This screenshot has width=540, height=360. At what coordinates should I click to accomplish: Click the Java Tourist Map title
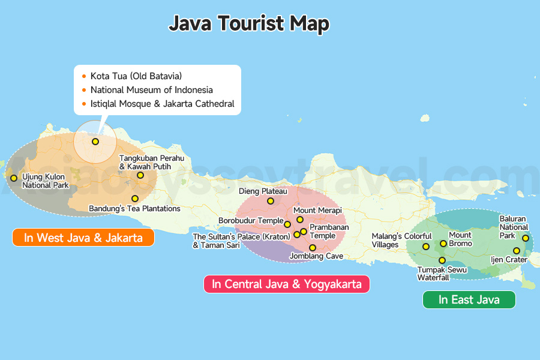point(248,24)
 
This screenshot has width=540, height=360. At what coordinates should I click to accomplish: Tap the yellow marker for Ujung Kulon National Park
point(14,178)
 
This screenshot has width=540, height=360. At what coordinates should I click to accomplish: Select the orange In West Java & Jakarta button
point(83,238)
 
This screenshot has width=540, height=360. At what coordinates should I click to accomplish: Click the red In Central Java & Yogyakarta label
point(287,284)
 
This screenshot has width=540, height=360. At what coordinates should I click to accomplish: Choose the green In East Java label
point(469,299)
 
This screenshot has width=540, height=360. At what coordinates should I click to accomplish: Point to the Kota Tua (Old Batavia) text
point(136,76)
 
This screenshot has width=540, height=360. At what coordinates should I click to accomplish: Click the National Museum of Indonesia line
point(151,90)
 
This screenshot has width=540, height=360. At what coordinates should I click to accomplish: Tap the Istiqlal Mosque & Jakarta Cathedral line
point(162,104)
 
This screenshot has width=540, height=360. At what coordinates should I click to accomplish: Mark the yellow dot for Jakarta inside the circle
point(95,142)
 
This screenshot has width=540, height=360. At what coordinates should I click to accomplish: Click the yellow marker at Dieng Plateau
point(271,201)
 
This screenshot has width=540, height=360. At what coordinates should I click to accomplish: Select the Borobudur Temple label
point(250,221)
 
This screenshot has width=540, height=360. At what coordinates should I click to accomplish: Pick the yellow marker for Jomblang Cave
point(313,248)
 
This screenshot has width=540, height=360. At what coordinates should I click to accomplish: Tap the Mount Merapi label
point(317,211)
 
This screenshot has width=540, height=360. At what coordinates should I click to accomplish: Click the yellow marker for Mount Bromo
point(443,244)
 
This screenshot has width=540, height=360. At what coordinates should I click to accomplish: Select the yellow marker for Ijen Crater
point(517,251)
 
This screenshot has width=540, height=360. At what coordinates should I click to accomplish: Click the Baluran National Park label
point(514,227)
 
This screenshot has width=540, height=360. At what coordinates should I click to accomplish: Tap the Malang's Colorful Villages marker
point(426,247)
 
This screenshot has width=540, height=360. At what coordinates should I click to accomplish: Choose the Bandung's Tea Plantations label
point(134,209)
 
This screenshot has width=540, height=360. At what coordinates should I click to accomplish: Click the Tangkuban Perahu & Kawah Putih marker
point(140,175)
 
